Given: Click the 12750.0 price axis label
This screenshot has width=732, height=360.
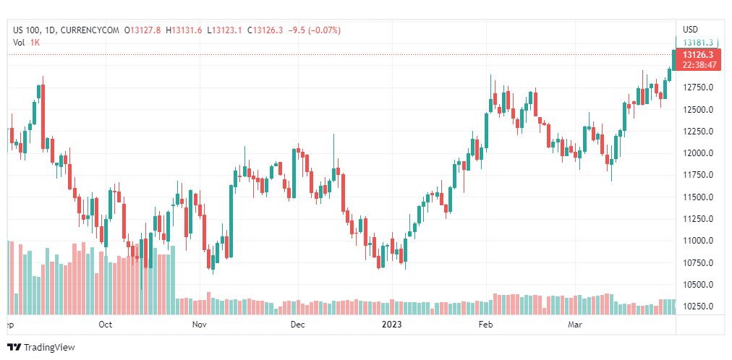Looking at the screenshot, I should (x=698, y=87).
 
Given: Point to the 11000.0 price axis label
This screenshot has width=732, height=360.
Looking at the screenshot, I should (x=698, y=241).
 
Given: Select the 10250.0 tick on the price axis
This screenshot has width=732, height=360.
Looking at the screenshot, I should (x=698, y=306).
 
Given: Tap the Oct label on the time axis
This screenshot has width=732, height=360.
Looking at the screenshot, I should (x=106, y=325).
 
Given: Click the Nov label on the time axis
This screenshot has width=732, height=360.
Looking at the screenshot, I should (x=200, y=325).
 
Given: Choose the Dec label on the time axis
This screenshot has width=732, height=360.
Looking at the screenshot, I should (x=297, y=325).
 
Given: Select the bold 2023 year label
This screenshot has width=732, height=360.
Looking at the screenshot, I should (x=391, y=325).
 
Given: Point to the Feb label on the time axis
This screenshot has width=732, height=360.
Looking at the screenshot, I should (x=486, y=325).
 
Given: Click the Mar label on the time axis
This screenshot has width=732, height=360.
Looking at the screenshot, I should (x=575, y=325).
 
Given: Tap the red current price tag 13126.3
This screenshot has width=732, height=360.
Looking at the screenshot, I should (x=698, y=55).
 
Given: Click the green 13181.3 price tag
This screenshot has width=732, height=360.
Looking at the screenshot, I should (x=698, y=43).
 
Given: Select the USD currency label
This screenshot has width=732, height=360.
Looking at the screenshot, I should (x=690, y=30).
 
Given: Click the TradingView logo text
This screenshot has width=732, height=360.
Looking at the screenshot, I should (x=49, y=348).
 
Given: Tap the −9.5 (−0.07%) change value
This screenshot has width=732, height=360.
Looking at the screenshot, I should (x=314, y=30).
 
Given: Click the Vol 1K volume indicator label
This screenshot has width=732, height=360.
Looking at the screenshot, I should (x=27, y=43).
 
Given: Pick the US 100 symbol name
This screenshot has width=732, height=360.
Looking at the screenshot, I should (x=28, y=30).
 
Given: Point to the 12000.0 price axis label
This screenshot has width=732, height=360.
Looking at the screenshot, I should (x=698, y=153).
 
